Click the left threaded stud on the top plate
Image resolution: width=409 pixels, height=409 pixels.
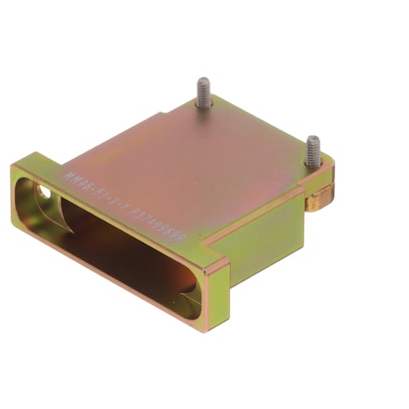pos(204,92)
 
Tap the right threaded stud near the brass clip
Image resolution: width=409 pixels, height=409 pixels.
pos(314,151)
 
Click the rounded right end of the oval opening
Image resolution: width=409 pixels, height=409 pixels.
pos(193,294)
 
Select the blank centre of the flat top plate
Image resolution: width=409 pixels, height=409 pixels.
pos(196,162)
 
